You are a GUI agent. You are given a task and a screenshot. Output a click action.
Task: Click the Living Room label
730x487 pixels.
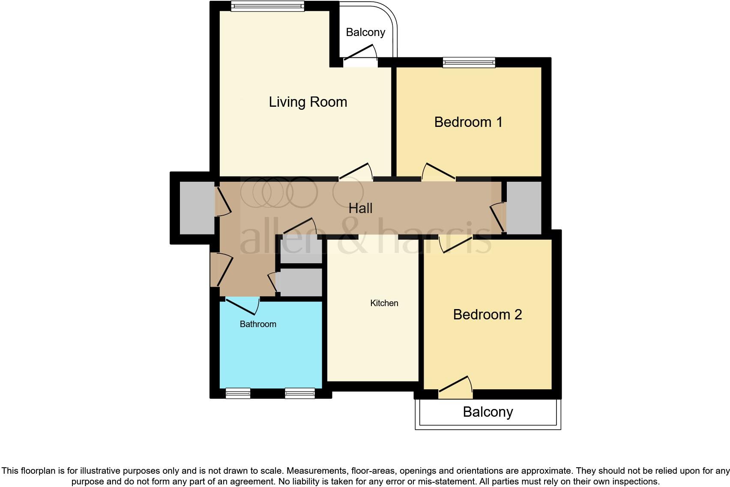pos(308,102)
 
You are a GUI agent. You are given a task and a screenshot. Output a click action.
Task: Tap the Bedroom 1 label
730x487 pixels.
pos(468,122)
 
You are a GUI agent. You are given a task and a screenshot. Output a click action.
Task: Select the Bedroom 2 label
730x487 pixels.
pos(487,315)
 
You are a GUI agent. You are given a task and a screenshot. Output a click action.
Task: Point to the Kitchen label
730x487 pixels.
pos(384,303)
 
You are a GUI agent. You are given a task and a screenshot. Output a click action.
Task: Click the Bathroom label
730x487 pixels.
pos(257,324)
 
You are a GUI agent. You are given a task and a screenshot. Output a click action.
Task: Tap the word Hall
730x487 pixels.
pos(360,208)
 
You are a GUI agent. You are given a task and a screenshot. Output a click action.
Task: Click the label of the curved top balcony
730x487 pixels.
pos(365,32)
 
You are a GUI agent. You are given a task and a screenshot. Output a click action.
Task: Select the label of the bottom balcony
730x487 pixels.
pos(488,412)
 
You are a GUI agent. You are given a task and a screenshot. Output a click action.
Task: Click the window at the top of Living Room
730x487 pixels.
pos(267,6)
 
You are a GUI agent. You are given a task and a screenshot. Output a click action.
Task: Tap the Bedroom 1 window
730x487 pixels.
pos(469,63)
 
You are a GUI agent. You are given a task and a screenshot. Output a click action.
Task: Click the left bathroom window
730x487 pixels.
pos(238,393)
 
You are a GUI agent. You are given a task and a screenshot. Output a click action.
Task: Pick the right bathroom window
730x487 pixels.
pos(299,393)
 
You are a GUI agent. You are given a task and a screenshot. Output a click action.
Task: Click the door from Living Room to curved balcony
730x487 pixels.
pos(360,58)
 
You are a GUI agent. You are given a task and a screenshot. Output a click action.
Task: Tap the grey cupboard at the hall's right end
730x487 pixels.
pos(524,208)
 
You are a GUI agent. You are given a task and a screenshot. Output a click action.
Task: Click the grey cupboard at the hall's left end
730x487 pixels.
pos(197,208)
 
